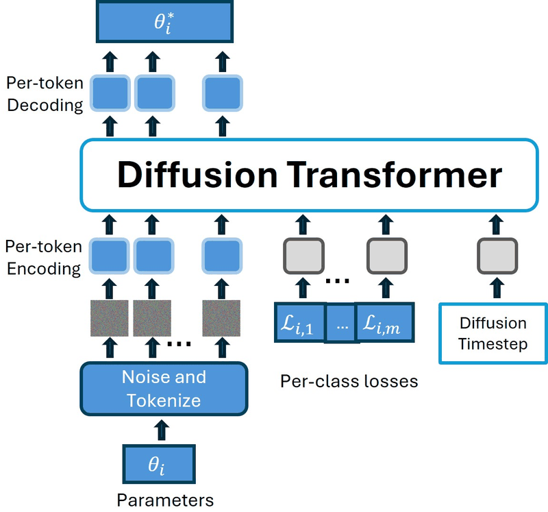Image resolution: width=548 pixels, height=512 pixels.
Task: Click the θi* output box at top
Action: [x=164, y=21]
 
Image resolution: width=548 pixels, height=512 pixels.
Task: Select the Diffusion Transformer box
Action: [x=310, y=175]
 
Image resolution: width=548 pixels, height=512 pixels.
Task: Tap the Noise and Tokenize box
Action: [x=164, y=389]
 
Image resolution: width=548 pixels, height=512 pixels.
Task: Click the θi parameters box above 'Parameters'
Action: [x=159, y=464]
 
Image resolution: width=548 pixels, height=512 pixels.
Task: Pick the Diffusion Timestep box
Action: [x=493, y=333]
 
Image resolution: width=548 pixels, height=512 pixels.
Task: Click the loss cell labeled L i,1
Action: [x=300, y=322]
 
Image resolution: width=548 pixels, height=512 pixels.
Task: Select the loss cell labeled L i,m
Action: [x=385, y=322]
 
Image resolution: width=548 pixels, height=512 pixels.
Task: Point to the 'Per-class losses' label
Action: [x=349, y=381]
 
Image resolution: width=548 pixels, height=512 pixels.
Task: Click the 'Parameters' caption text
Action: [x=165, y=500]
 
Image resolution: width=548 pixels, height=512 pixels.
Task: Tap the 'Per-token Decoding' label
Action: [x=45, y=94]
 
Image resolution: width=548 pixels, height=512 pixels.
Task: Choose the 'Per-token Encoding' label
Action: [x=44, y=258]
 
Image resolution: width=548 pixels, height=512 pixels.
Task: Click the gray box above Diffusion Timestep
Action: [x=497, y=256]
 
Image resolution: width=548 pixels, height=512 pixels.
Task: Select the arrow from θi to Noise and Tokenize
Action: [x=162, y=430]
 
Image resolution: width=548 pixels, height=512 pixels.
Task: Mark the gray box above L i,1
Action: [x=303, y=256]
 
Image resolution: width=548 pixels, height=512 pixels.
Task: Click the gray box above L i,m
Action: [x=387, y=256]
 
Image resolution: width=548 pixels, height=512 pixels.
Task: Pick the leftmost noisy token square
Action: [x=110, y=318]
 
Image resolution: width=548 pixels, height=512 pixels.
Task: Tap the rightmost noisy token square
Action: [x=221, y=318]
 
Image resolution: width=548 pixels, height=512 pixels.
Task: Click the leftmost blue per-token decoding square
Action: [x=110, y=93]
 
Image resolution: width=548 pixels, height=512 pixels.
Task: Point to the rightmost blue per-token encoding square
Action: [x=222, y=256]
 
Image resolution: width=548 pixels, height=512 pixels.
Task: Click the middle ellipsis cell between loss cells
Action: [x=341, y=323]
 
